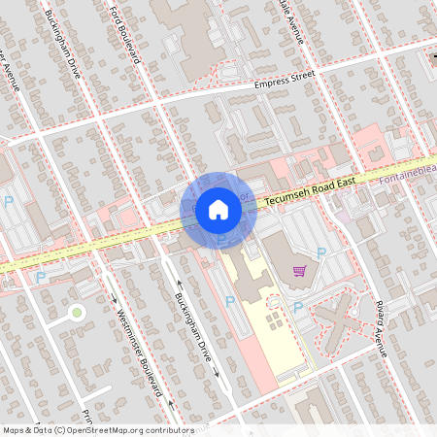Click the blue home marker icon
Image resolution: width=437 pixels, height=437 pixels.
coord(218,209)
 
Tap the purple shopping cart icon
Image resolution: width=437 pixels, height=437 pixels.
coord(299,271)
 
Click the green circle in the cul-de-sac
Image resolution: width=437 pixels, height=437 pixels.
coord(76,312)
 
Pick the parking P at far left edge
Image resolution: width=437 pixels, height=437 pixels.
coord(9,202)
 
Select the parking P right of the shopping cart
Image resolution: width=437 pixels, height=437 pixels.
coord(321,252)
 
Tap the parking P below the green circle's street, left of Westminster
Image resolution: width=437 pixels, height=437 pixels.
coord(40,278)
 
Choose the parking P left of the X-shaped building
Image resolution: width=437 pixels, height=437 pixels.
coord(297,307)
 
